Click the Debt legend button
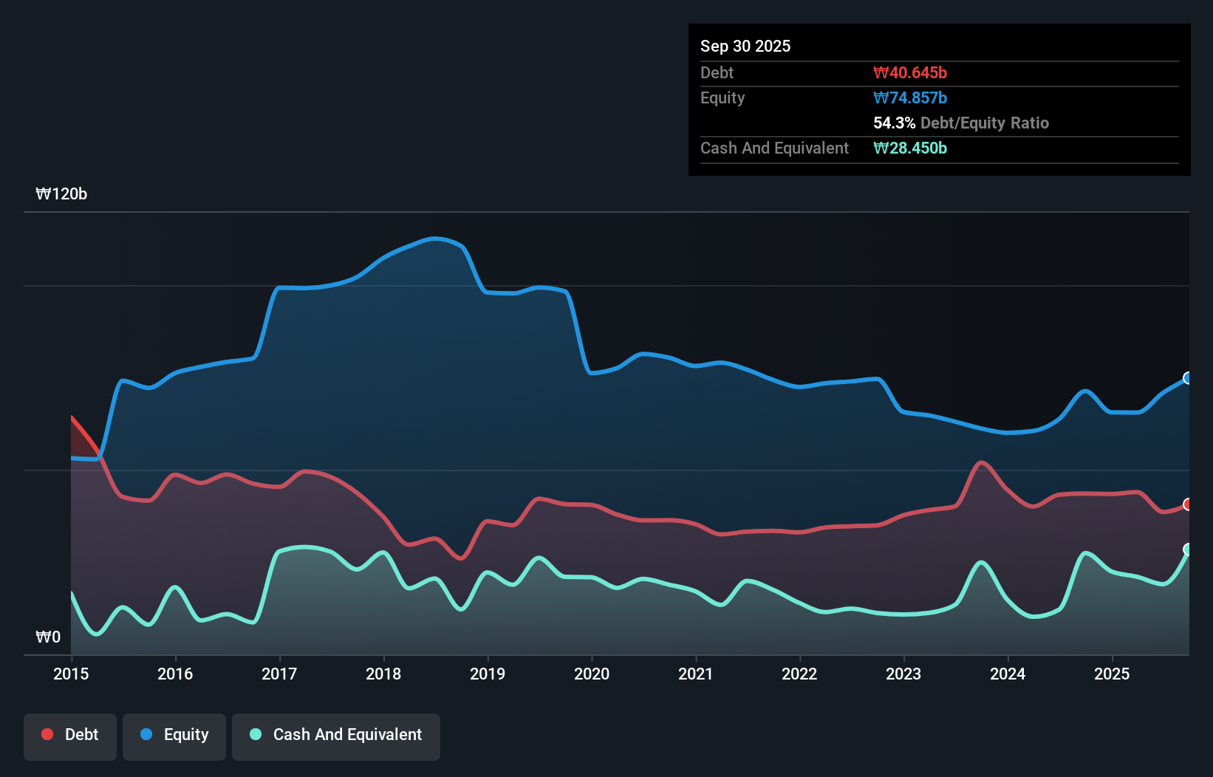pos(70,736)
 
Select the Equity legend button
pos(174,736)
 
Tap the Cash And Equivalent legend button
pos(336,736)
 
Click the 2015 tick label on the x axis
pos(71,674)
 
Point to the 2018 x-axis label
pos(383,674)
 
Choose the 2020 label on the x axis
pos(592,674)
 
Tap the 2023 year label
pos(903,674)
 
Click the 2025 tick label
pos(1112,674)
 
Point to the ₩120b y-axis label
pos(61,194)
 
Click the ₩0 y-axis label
pos(48,637)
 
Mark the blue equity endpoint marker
pos(1188,378)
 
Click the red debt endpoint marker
pos(1188,504)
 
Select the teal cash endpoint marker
pos(1188,550)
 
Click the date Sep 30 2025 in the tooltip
pos(745,46)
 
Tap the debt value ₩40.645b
pos(910,72)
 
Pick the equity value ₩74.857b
pos(910,97)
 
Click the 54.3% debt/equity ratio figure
pos(894,123)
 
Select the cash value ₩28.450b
pos(910,148)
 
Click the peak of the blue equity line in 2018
pos(435,238)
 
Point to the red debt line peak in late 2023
pos(981,462)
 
